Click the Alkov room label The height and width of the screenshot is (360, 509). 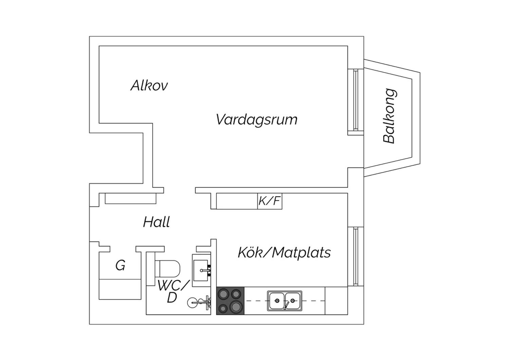[149, 86]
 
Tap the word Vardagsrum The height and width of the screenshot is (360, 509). [257, 120]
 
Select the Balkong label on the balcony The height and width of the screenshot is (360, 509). [390, 116]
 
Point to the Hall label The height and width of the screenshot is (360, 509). [156, 222]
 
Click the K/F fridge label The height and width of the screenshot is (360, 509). [269, 201]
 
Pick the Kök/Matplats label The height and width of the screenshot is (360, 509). [284, 253]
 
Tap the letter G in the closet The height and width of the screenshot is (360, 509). [120, 265]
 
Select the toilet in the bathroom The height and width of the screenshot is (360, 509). [168, 269]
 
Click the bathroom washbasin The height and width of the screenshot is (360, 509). [201, 270]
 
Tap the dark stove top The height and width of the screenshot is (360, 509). [230, 301]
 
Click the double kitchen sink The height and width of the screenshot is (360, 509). [284, 301]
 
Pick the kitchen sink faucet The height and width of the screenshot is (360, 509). [286, 305]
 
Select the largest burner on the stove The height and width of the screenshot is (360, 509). [236, 307]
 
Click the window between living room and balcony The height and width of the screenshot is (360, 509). [356, 100]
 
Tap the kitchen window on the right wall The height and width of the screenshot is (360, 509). [356, 256]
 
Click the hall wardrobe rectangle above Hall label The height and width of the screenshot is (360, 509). [131, 199]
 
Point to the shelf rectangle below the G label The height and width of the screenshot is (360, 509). [120, 289]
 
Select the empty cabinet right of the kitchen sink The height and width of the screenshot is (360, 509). [336, 301]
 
